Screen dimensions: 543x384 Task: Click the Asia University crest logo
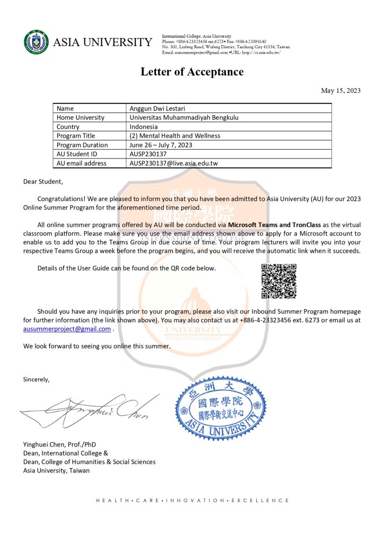click(36, 42)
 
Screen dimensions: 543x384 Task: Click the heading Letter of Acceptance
click(192, 72)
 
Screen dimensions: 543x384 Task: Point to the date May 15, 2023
click(341, 90)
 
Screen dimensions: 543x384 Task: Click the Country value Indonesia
click(144, 127)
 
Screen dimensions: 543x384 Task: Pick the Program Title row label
click(76, 136)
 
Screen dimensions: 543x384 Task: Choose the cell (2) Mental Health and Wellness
click(175, 136)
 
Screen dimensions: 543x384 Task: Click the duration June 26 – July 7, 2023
click(161, 145)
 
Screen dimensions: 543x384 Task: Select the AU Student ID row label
click(77, 154)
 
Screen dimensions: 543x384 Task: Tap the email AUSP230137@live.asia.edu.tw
click(173, 163)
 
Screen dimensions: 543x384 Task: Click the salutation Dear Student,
click(43, 181)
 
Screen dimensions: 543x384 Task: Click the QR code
click(279, 281)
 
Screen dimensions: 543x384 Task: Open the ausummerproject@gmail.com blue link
click(67, 329)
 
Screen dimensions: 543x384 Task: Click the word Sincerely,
click(36, 379)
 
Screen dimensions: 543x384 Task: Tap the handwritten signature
click(90, 407)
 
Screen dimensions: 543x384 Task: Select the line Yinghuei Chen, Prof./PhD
click(59, 444)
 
